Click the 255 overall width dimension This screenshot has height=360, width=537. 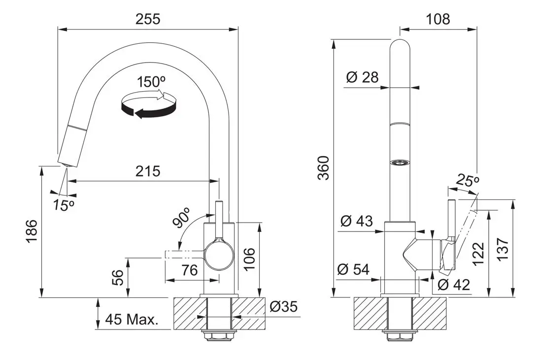(x=148, y=19)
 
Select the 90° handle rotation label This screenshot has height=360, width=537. (x=182, y=219)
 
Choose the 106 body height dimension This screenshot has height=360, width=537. (x=250, y=259)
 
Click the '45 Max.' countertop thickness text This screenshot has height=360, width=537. (x=132, y=320)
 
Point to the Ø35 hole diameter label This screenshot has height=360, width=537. (x=284, y=306)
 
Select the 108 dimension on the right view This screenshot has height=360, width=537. (x=437, y=19)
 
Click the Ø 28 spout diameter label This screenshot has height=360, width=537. (x=362, y=77)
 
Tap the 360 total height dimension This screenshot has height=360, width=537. (x=323, y=167)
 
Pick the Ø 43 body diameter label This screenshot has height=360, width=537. (x=356, y=221)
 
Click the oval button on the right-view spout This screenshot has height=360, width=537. (x=400, y=162)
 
